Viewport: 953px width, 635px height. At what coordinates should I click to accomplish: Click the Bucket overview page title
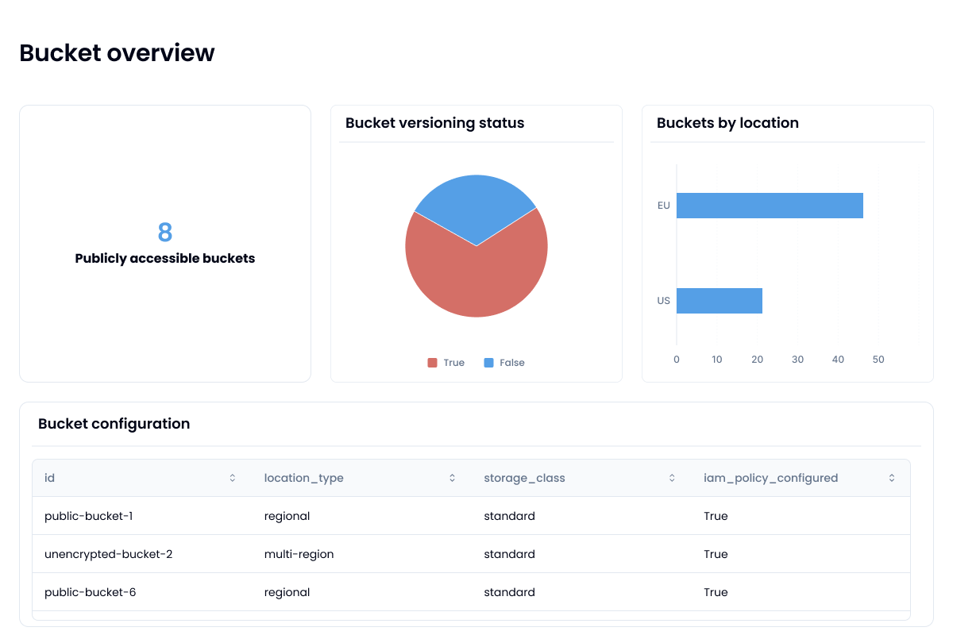[x=117, y=52]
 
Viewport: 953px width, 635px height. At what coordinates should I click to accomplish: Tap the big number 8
[x=164, y=233]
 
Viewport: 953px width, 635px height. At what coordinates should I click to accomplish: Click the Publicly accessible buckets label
[x=164, y=259]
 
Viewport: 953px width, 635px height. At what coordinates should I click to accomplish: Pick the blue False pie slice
[x=476, y=202]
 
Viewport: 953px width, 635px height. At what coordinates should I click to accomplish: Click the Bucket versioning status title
[x=434, y=123]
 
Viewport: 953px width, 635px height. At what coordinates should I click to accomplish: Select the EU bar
[x=769, y=206]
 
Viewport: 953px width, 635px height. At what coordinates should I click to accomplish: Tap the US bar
[x=719, y=301]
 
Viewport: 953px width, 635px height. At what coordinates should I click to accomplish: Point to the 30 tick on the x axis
[x=797, y=360]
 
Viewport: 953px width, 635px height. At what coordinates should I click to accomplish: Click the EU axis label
[x=664, y=206]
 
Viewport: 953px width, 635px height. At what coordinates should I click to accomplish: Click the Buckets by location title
[x=727, y=123]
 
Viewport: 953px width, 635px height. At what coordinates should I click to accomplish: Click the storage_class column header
[x=524, y=478]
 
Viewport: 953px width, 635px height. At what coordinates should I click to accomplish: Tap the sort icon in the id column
[x=233, y=478]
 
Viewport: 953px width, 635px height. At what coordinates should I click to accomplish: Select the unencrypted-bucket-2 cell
[x=108, y=554]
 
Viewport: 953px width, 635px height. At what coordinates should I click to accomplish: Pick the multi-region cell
[x=299, y=554]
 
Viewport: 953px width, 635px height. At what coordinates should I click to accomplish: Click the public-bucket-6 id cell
[x=90, y=592]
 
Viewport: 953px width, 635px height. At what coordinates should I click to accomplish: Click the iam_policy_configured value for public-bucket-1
[x=716, y=516]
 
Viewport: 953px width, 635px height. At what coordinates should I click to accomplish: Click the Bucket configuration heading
[x=114, y=424]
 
